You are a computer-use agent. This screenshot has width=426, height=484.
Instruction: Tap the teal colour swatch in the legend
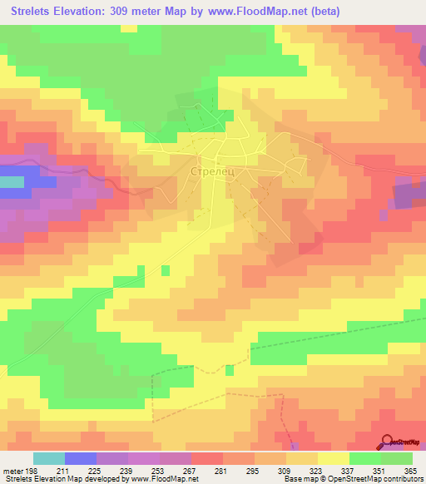click(x=49, y=458)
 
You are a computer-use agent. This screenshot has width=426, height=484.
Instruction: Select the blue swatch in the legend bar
click(x=81, y=458)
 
